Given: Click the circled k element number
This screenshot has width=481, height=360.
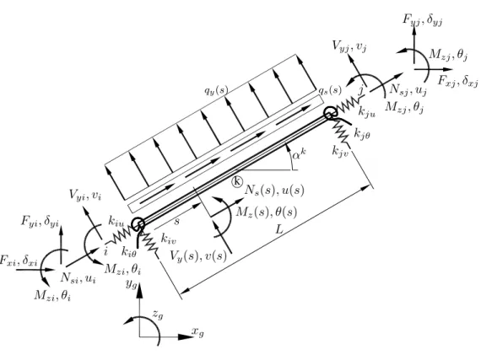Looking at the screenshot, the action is click(x=237, y=181).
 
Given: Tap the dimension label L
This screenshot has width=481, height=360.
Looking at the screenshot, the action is click(x=278, y=229).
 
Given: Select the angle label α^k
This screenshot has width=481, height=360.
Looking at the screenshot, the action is click(x=299, y=153).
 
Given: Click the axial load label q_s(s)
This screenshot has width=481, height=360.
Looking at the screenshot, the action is click(x=330, y=89).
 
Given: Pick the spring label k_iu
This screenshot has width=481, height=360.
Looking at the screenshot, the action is click(x=116, y=221).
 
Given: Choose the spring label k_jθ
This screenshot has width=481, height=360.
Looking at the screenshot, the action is click(x=362, y=133).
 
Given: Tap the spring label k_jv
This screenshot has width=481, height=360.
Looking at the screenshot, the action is click(x=341, y=151).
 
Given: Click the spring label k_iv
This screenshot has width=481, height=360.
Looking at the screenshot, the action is click(x=169, y=239).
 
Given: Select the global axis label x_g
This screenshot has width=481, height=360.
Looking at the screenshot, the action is click(x=197, y=331).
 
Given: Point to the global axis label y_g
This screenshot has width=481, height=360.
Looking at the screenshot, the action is click(x=131, y=284).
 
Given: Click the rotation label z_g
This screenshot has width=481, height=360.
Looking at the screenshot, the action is click(x=158, y=314).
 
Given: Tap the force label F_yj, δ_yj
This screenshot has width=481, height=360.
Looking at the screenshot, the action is click(x=423, y=20).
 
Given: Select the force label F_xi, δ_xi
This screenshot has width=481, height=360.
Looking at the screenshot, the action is click(x=19, y=261).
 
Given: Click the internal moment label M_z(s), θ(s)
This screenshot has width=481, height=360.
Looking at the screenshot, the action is click(x=267, y=212).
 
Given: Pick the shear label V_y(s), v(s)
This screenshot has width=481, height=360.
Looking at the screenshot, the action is click(x=198, y=255).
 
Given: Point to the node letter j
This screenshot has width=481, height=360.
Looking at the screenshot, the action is click(x=362, y=91).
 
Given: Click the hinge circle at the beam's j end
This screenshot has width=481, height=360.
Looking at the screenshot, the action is click(x=330, y=113).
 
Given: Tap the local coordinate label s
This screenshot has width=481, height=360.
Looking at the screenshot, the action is click(x=176, y=221).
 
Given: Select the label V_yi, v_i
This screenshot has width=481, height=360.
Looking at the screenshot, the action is click(x=85, y=195).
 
